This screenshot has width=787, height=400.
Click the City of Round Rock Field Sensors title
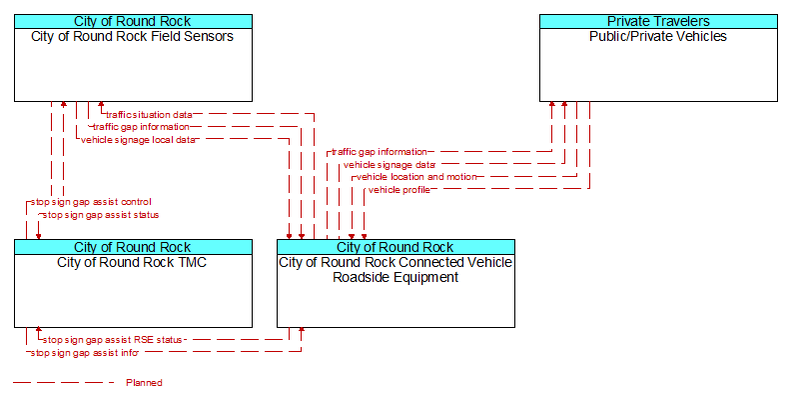(132, 36)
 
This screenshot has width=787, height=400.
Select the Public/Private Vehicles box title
(658, 36)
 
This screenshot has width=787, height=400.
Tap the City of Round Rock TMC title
(132, 262)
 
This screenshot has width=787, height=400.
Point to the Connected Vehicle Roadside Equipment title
(395, 270)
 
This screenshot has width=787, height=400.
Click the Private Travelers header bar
(658, 21)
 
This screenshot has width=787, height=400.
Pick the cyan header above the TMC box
(133, 247)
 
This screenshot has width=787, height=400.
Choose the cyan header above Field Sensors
(133, 21)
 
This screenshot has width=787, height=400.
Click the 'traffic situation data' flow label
(149, 115)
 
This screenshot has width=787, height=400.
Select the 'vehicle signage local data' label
(138, 140)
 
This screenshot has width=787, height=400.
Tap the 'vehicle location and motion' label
(416, 177)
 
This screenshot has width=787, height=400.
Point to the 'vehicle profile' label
(399, 190)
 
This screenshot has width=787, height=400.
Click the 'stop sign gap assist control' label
(91, 202)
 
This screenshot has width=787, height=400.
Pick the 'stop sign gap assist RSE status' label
(113, 340)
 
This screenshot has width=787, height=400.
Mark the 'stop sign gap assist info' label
(84, 353)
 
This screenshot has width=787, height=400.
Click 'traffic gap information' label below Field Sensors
(141, 127)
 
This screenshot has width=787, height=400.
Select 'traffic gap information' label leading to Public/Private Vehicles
(379, 152)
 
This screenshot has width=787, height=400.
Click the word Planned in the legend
(144, 383)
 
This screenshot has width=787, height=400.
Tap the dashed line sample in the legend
(64, 383)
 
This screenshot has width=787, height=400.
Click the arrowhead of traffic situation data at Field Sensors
(101, 105)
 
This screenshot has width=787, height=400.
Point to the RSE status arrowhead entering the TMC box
(39, 331)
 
